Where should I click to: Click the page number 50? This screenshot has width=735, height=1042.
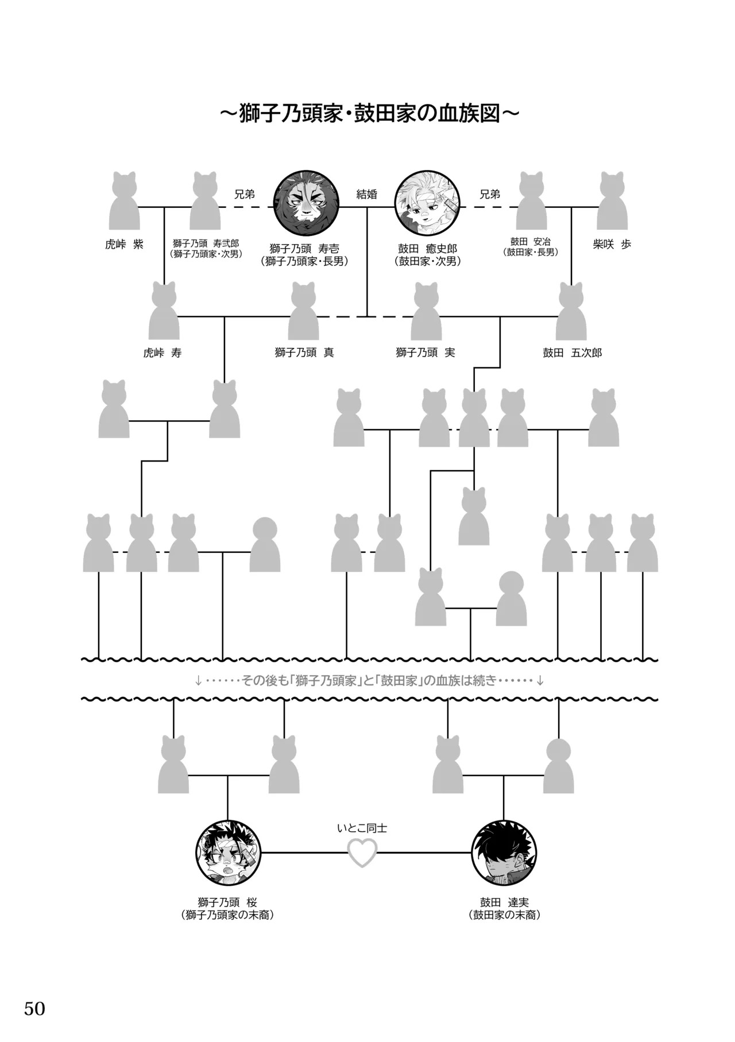(x=34, y=1008)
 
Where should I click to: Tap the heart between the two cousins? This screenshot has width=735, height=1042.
(x=363, y=853)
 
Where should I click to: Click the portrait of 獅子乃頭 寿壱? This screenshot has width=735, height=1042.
(x=305, y=203)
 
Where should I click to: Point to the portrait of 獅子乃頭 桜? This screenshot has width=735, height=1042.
(x=229, y=853)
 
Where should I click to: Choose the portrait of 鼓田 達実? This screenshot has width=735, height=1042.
(x=504, y=853)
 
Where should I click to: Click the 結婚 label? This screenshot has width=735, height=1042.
(x=366, y=194)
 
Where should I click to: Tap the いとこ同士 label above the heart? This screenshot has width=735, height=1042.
(x=362, y=828)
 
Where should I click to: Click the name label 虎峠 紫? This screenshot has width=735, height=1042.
(x=124, y=244)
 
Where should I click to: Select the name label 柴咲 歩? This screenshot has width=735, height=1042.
(x=612, y=244)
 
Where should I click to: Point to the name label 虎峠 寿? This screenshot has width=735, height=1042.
(x=163, y=353)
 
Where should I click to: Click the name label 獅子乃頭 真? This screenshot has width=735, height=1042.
(x=304, y=353)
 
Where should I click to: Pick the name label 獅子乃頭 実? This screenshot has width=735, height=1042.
(x=425, y=353)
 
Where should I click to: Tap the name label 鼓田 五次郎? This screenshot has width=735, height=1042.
(x=572, y=353)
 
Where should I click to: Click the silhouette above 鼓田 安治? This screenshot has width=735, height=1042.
(x=531, y=201)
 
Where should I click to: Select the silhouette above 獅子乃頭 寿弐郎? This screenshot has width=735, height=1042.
(x=205, y=201)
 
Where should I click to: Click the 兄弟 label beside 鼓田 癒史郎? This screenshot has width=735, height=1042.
(x=490, y=194)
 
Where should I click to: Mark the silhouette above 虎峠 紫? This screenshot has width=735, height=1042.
(x=124, y=201)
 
